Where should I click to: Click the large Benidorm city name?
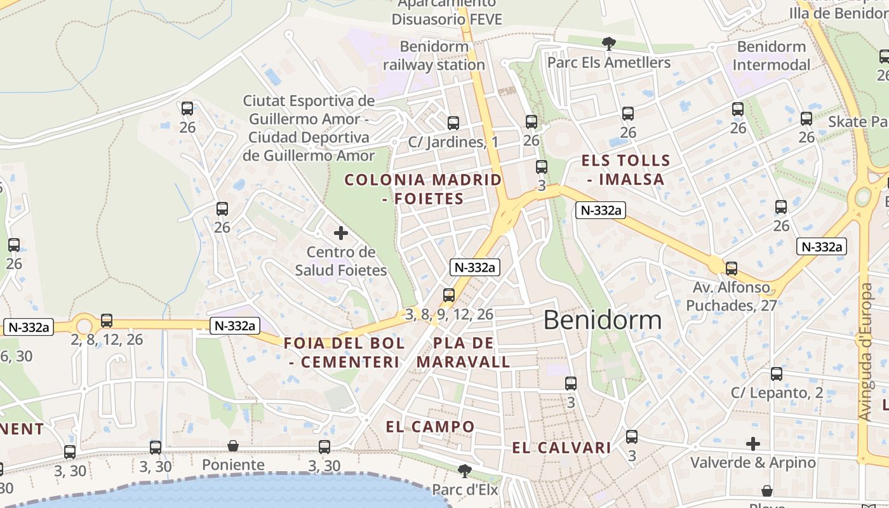point(603,319)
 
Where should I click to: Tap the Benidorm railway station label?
point(434,56)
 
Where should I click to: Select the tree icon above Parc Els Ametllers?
point(609,44)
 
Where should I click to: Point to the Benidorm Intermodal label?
point(772,56)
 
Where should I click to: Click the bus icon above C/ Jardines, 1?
point(453,123)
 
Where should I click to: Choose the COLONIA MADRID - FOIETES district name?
point(423,189)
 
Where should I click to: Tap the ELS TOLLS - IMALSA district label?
point(625,170)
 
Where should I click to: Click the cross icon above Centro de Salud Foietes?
point(341,233)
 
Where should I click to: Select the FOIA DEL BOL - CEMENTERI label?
point(344,352)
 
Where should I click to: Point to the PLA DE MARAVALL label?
point(463,352)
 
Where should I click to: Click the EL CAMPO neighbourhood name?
point(430,427)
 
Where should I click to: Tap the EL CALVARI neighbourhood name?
point(561,448)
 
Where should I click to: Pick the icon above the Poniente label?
point(233,446)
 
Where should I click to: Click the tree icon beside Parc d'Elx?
point(465,471)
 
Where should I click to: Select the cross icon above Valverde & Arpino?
point(753,444)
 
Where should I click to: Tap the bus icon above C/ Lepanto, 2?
point(776,374)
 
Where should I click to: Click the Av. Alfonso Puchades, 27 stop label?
point(732,297)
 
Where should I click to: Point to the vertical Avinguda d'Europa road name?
point(866,352)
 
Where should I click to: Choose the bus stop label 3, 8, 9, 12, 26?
point(449,314)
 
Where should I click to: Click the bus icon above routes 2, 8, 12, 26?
point(107,321)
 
